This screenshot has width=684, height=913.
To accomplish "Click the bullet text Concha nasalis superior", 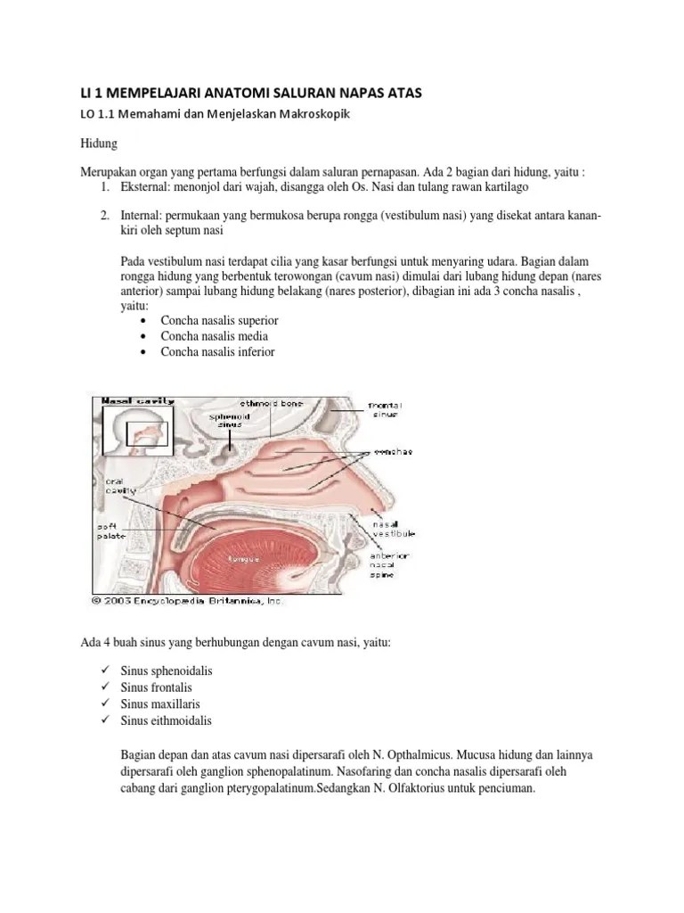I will coord(219,320).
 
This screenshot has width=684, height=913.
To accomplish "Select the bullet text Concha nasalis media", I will coord(214,336).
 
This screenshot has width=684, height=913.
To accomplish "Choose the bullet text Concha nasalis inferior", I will coord(217,351).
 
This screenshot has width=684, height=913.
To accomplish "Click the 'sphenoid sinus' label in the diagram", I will coord(230,420).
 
